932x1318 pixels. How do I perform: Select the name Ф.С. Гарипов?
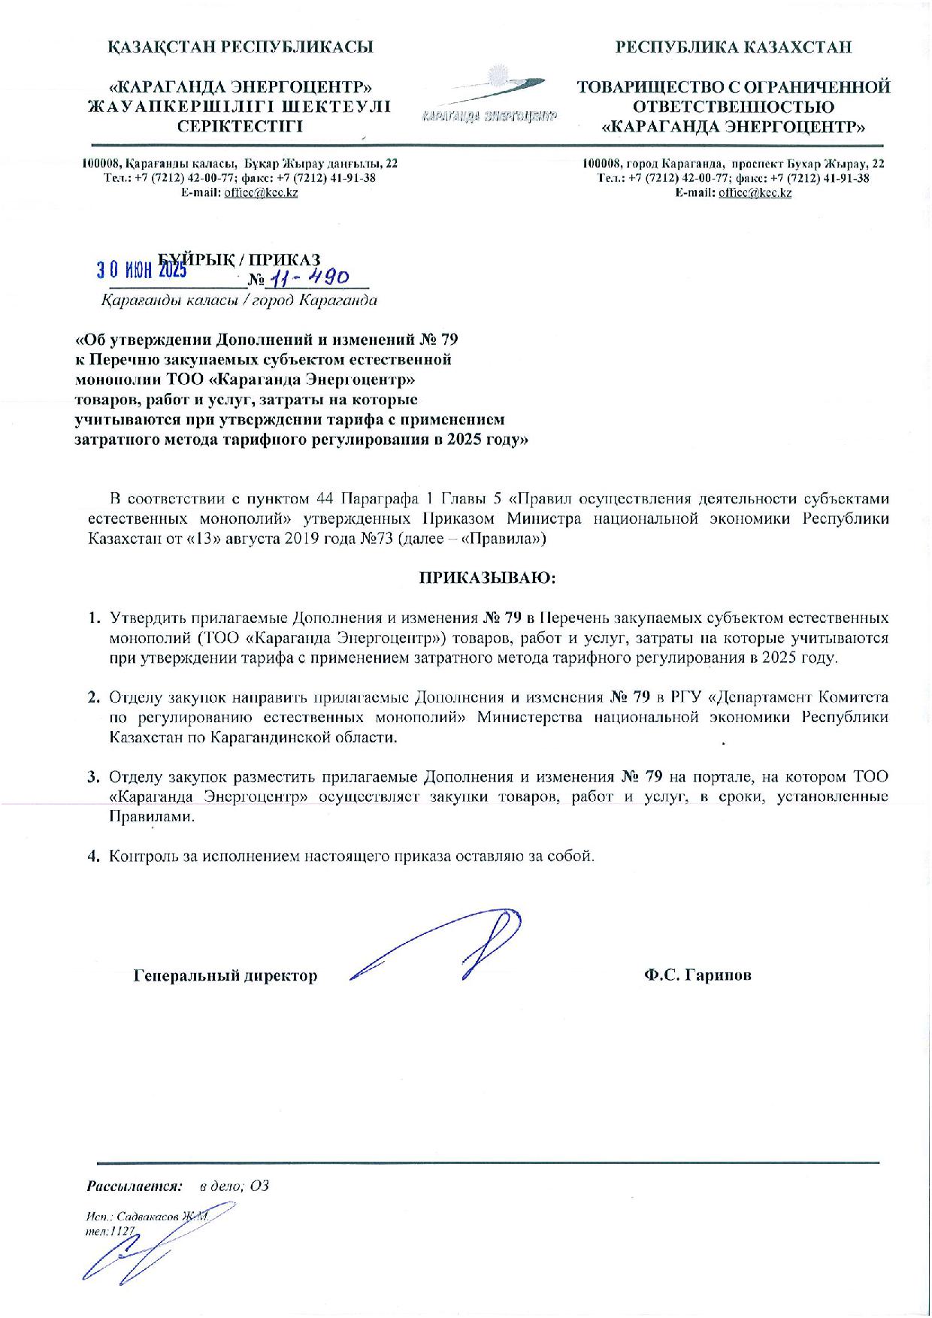[697, 975]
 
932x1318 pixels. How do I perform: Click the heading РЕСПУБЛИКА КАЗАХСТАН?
[734, 47]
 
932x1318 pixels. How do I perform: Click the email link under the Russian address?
[755, 192]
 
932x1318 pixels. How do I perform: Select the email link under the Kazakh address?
[261, 192]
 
